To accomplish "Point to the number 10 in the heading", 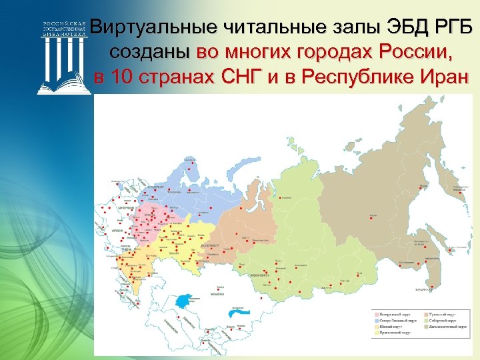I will coord(121,76).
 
